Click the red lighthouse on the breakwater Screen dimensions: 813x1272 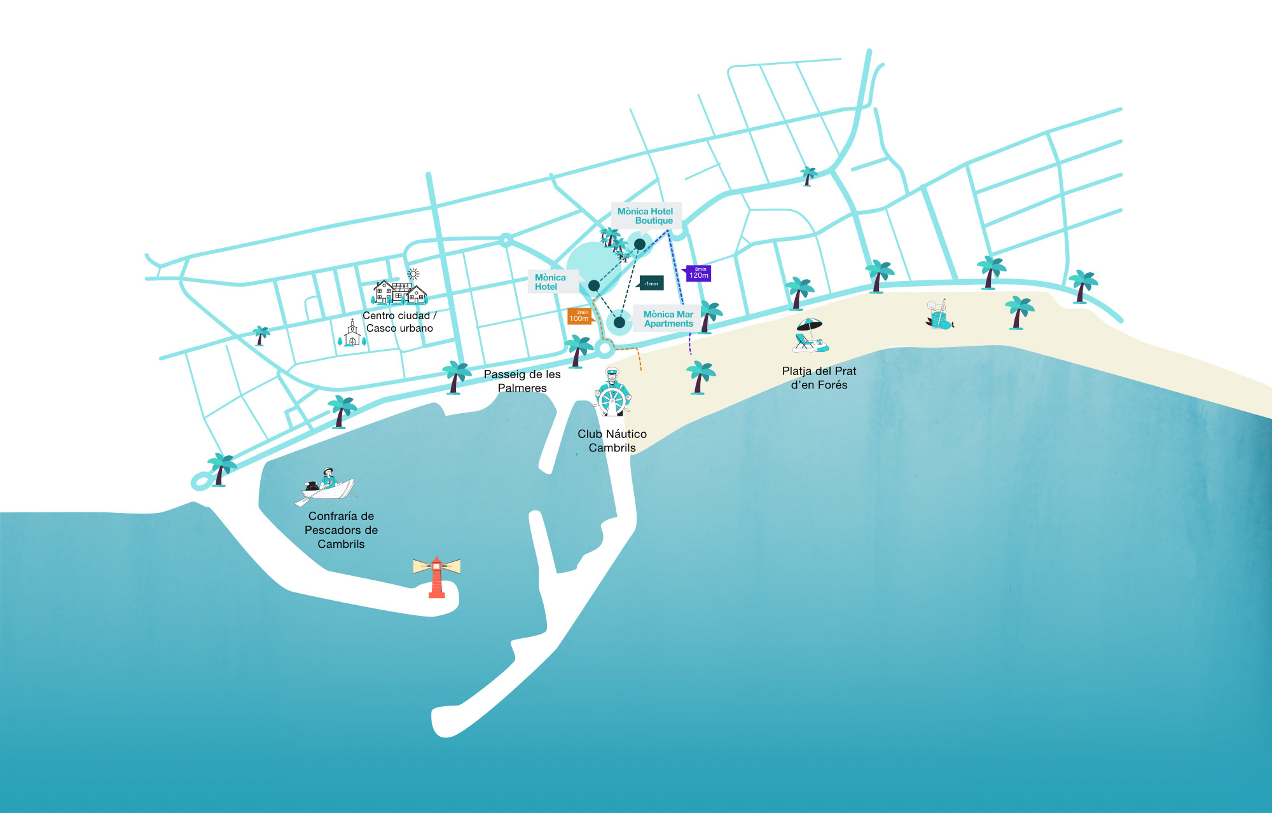pos(436,578)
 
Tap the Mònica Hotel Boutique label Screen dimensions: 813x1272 pos(646,216)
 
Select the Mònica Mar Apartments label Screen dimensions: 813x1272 pos(668,319)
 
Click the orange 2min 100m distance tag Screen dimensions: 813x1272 pos(579,316)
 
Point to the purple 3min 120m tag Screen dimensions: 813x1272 pos(699,273)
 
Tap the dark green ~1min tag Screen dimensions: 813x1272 pos(651,284)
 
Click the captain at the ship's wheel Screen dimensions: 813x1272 pos(612,393)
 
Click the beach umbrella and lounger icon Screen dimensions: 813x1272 pos(810,336)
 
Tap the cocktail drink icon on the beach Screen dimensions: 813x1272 pos(938,315)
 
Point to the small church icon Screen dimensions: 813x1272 pos(352,334)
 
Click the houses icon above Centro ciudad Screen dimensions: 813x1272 pos(399,292)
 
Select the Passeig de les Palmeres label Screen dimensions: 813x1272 pos(522,381)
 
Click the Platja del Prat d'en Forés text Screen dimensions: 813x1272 pos(819,378)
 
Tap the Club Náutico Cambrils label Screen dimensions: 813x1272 pos(612,441)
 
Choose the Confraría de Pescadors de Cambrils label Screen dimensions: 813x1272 pos(341,530)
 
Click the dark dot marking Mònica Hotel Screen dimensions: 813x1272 pos(593,285)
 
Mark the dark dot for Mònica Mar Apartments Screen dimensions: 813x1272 pos(619,322)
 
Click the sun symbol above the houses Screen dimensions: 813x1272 pos(413,274)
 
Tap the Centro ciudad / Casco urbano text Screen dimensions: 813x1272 pos(399,322)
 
